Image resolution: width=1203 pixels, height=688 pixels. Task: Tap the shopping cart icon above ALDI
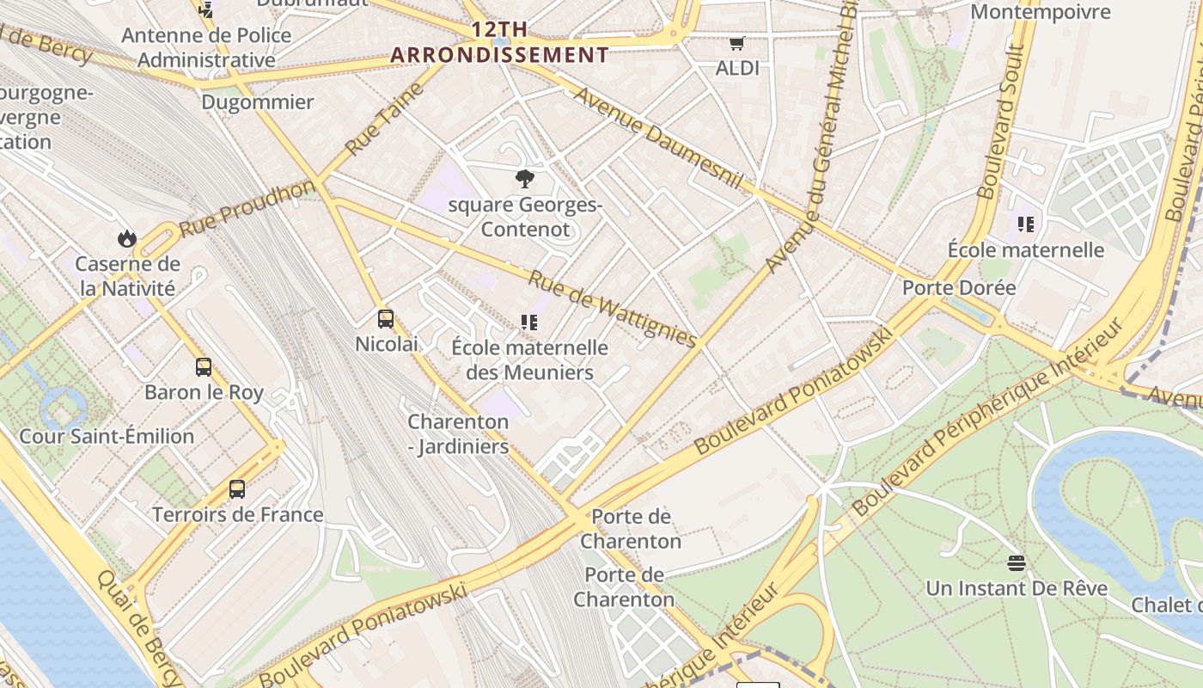736,43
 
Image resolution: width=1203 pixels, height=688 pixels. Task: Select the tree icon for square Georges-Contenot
524,179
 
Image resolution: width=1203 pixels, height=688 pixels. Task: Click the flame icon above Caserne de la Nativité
127,238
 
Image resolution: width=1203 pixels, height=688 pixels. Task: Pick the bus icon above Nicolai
386,319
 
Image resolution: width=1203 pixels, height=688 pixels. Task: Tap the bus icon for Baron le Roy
204,367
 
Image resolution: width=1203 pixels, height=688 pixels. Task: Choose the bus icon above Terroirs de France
237,489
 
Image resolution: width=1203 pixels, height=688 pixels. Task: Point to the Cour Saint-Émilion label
107,436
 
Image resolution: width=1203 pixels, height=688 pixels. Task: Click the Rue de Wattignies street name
612,309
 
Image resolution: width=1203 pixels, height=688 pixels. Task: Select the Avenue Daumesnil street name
657,138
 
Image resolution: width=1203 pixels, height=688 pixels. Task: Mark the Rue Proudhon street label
247,209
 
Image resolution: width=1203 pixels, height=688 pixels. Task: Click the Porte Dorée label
958,287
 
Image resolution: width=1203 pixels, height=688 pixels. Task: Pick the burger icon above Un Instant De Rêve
1017,563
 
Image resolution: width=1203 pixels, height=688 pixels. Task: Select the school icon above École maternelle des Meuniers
529,322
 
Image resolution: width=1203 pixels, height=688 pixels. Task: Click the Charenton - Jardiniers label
458,434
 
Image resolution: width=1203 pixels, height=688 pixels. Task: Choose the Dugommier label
257,101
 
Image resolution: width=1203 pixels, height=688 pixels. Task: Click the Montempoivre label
1040,12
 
